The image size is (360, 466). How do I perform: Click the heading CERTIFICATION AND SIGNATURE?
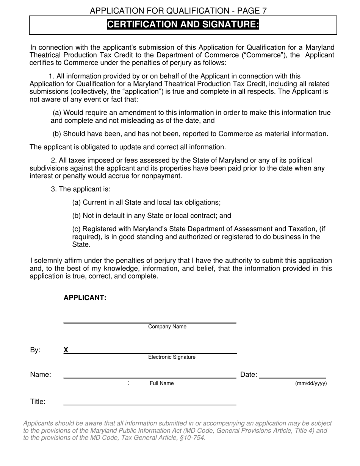click(x=183, y=25)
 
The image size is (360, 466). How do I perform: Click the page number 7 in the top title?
click(x=264, y=11)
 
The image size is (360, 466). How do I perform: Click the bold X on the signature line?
click(x=66, y=350)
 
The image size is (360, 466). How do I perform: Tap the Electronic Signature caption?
click(x=172, y=357)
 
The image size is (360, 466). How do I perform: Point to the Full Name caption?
click(x=162, y=383)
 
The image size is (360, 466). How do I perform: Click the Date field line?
click(x=293, y=377)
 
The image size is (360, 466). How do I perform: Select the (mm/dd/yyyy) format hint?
click(x=311, y=383)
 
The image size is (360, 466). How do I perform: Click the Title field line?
click(x=150, y=405)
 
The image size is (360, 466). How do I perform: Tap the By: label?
click(x=35, y=350)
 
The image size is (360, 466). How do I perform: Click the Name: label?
click(x=41, y=375)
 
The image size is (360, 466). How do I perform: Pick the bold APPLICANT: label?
click(x=85, y=298)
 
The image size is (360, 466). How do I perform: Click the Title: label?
click(x=38, y=402)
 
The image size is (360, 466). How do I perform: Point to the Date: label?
click(x=249, y=375)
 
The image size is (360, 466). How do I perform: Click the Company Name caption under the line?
click(x=167, y=327)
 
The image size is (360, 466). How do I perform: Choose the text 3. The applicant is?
click(x=81, y=189)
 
